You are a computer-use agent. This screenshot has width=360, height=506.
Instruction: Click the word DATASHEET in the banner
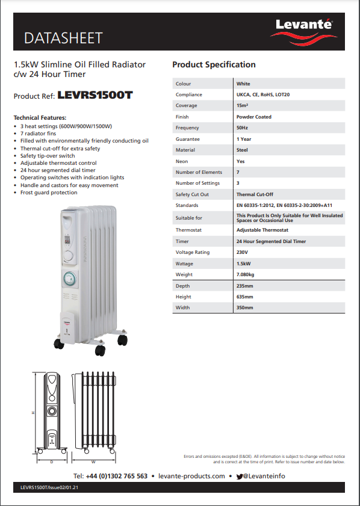pos(63,39)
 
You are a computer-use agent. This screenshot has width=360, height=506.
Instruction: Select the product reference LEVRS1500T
pos(95,95)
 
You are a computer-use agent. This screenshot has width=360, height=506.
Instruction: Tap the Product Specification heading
pos(214,64)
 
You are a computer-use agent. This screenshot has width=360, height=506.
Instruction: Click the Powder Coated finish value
pos(253,117)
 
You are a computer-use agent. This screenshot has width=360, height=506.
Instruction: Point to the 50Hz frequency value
pos(243,128)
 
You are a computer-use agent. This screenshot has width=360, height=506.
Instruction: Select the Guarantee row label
pos(187,139)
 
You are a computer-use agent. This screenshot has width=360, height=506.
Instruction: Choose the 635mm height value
pos(244,297)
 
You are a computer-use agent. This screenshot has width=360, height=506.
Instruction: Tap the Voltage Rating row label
pos(193,252)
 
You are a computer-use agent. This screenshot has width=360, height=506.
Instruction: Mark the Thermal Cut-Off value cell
pos(255,194)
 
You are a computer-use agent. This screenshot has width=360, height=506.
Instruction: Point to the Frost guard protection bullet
pos(49,193)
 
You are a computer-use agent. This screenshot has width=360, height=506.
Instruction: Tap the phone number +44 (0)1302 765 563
pos(117,476)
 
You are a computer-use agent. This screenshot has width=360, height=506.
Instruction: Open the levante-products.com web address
pos(192,476)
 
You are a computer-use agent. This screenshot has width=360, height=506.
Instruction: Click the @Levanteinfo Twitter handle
pos(264,476)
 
